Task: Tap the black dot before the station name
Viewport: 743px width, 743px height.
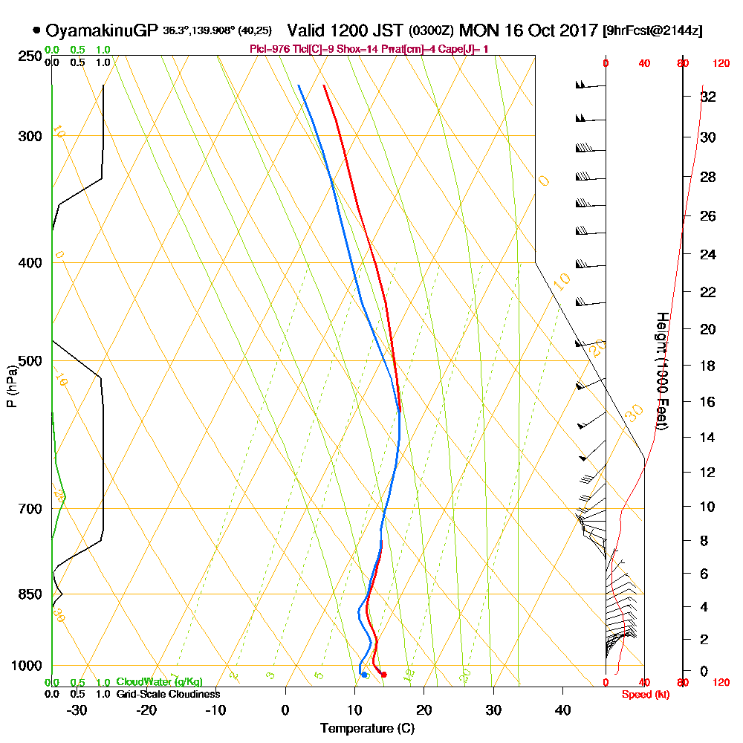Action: pos(36,30)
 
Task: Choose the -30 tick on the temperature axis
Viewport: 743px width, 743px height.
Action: pos(77,710)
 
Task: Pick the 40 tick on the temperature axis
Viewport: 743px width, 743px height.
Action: pos(562,710)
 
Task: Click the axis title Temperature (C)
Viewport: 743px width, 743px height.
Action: pos(367,729)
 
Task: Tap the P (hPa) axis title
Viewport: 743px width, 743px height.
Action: pos(11,386)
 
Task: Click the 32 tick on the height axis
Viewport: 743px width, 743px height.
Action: pos(708,97)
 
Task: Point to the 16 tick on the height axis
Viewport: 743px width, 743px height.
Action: pos(708,402)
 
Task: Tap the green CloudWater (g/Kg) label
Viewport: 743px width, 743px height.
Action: pos(159,682)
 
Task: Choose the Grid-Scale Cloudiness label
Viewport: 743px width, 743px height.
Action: pos(167,694)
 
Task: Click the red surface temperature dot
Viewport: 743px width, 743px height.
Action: pos(383,675)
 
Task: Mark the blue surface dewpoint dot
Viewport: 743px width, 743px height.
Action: pos(364,675)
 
